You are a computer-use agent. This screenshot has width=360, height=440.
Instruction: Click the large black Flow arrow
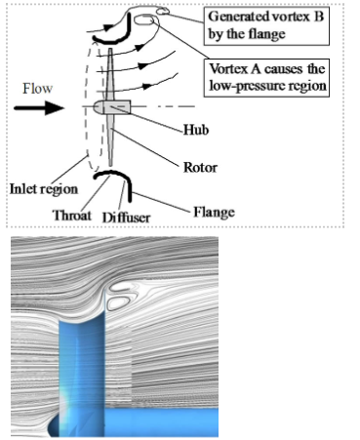(39, 107)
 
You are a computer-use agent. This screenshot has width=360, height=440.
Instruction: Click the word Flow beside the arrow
(37, 89)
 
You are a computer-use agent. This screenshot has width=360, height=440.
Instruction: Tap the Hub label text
(196, 130)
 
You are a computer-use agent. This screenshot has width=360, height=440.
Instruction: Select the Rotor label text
(200, 168)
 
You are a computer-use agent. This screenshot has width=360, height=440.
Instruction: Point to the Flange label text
(214, 212)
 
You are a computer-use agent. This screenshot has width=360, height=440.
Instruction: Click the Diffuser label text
(126, 218)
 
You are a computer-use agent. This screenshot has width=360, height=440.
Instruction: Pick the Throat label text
(72, 216)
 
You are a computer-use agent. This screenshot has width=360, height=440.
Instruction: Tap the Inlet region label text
(44, 189)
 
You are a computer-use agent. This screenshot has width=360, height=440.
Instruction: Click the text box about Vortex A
(266, 78)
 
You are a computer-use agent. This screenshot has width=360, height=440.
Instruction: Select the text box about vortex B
(266, 25)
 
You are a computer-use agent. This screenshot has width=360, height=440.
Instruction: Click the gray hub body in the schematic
(112, 107)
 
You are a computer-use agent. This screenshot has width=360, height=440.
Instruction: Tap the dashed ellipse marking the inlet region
(86, 107)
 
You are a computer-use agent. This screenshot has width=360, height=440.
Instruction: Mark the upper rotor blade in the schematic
(110, 75)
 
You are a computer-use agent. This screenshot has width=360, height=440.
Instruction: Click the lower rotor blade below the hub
(111, 140)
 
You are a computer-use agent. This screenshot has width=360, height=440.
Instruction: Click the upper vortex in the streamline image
(119, 287)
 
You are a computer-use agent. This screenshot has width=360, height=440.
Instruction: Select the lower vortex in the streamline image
(118, 303)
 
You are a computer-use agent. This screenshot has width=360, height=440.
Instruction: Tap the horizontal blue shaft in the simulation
(161, 421)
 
